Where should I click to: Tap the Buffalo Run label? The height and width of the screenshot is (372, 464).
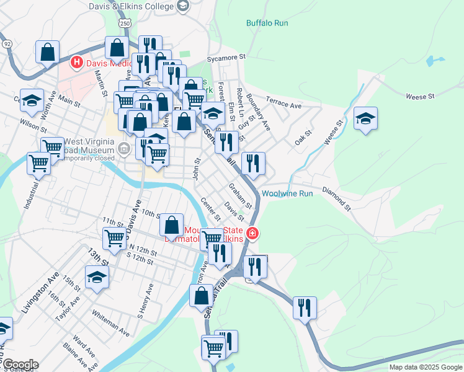point(267,23)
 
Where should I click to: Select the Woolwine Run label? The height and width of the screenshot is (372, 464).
point(287,193)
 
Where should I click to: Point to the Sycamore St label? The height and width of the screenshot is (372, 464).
point(227,59)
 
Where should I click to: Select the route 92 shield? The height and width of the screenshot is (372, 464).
point(7,44)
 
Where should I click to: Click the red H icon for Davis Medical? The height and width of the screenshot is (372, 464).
point(77,62)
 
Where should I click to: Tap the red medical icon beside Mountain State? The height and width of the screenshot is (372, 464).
point(252,234)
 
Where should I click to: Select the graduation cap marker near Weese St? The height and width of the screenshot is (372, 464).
point(365,118)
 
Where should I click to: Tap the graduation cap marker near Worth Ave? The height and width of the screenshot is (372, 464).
point(32,101)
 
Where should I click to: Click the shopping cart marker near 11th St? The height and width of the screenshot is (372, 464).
point(114,238)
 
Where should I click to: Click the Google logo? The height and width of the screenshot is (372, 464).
point(20,365)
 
